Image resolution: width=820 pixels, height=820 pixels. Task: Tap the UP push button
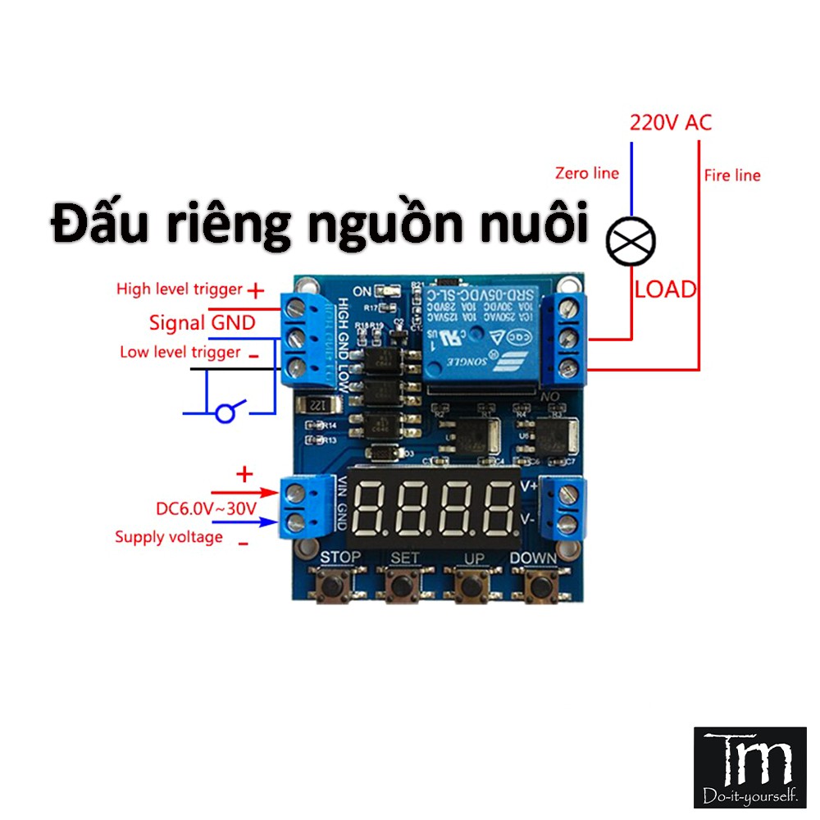tap(470, 586)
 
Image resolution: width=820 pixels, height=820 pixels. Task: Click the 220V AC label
tap(670, 123)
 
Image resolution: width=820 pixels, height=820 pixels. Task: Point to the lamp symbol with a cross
tap(631, 240)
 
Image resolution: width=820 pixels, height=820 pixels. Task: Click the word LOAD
tap(665, 289)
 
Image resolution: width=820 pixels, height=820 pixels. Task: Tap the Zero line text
tap(587, 173)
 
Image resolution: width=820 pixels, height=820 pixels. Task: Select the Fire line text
tap(731, 175)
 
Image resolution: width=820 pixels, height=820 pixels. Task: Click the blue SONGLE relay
tap(478, 336)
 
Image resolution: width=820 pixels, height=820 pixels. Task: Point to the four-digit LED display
tap(432, 505)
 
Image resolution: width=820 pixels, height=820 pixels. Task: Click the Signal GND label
tap(202, 322)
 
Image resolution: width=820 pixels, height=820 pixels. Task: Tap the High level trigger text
tap(180, 289)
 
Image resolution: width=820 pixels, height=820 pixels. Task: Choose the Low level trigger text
tap(180, 353)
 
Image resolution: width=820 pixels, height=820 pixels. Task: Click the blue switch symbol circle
tap(224, 413)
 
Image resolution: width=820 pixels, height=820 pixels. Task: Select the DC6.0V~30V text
tap(207, 508)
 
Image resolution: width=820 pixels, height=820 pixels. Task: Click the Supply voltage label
tap(168, 537)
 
